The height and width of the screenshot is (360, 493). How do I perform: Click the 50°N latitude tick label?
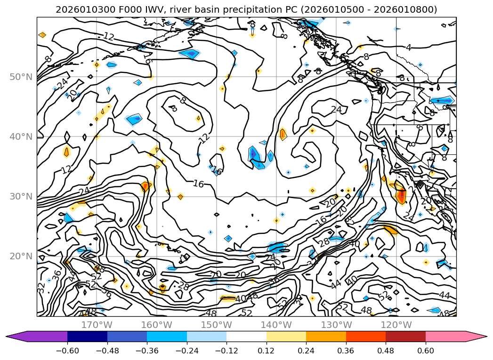pyautogui.click(x=21, y=77)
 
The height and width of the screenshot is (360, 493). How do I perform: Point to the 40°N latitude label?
pyautogui.click(x=21, y=136)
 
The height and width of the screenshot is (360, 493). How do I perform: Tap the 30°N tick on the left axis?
pyautogui.click(x=21, y=196)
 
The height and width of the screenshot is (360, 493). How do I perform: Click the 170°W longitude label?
pyautogui.click(x=97, y=325)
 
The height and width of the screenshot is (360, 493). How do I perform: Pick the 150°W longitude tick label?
pyautogui.click(x=217, y=325)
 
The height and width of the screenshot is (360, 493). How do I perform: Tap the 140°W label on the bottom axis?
pyautogui.click(x=276, y=325)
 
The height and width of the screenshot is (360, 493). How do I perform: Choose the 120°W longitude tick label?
pyautogui.click(x=396, y=325)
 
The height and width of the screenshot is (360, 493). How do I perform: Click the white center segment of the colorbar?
pyautogui.click(x=246, y=336)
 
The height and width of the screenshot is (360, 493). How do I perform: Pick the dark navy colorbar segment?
pyautogui.click(x=87, y=336)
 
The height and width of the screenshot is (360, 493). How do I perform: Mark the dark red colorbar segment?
pyautogui.click(x=405, y=336)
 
